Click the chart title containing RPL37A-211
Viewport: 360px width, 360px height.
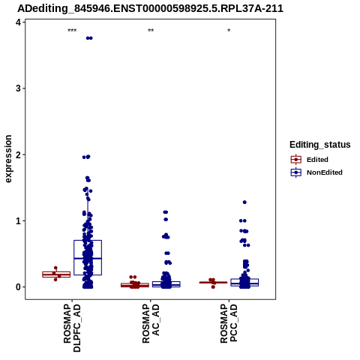coord(150,9)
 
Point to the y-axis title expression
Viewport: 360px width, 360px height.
coord(8,159)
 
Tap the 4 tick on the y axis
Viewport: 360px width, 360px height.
coord(18,22)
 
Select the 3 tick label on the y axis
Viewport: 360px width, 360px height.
coord(18,88)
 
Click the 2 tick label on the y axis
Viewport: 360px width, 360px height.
coord(18,154)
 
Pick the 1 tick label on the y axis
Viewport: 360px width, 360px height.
coord(18,220)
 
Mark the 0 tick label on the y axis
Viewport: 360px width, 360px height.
coord(18,287)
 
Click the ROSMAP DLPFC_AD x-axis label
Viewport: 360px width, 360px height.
coord(72,328)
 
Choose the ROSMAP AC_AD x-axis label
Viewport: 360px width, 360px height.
coord(151,324)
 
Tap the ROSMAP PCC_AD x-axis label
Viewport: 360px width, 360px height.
coord(229,324)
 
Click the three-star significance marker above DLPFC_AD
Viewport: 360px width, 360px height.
coord(72,31)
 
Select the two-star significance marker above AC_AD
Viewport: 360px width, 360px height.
coord(151,31)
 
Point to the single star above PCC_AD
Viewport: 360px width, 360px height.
coord(229,31)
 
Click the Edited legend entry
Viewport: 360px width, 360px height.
coord(309,160)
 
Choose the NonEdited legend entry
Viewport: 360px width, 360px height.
coord(316,172)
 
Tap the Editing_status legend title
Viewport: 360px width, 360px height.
coord(320,145)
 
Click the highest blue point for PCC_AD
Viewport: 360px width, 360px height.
coord(244,202)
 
